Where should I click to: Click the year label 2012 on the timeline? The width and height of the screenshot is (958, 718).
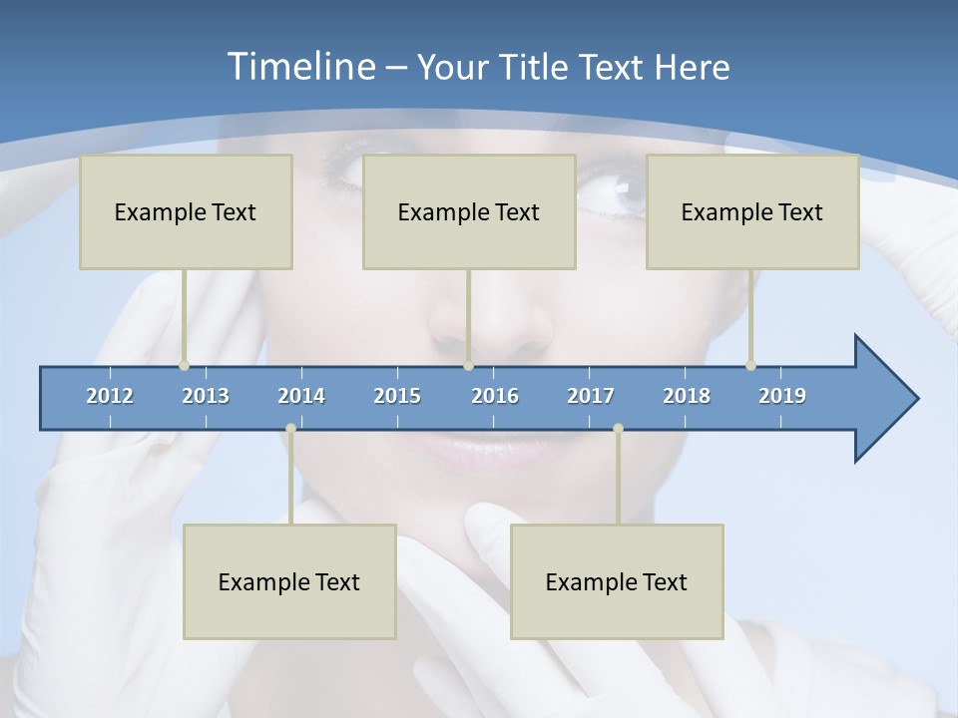click(110, 396)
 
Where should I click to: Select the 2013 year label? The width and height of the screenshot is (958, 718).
click(206, 396)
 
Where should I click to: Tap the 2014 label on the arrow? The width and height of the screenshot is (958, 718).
click(301, 396)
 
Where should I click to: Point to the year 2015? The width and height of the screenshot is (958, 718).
click(397, 396)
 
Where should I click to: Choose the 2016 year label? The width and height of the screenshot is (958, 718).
click(495, 396)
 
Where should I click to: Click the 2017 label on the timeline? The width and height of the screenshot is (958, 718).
click(591, 396)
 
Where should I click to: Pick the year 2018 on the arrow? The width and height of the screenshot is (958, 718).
click(687, 396)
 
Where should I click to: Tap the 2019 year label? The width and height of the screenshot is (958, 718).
click(782, 396)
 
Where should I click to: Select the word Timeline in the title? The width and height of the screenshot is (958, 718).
click(300, 67)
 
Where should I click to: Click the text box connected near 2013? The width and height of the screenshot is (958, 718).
click(186, 211)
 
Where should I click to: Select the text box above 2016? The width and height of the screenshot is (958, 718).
click(469, 211)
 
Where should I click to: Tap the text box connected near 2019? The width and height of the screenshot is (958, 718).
click(752, 211)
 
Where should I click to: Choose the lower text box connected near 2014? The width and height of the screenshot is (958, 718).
click(289, 581)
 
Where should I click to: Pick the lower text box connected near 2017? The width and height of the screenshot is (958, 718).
click(617, 581)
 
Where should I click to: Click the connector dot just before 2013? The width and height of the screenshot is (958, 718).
click(185, 366)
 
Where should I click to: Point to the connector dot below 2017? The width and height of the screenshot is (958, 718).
click(618, 429)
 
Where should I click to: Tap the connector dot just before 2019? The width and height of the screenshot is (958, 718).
click(751, 366)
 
